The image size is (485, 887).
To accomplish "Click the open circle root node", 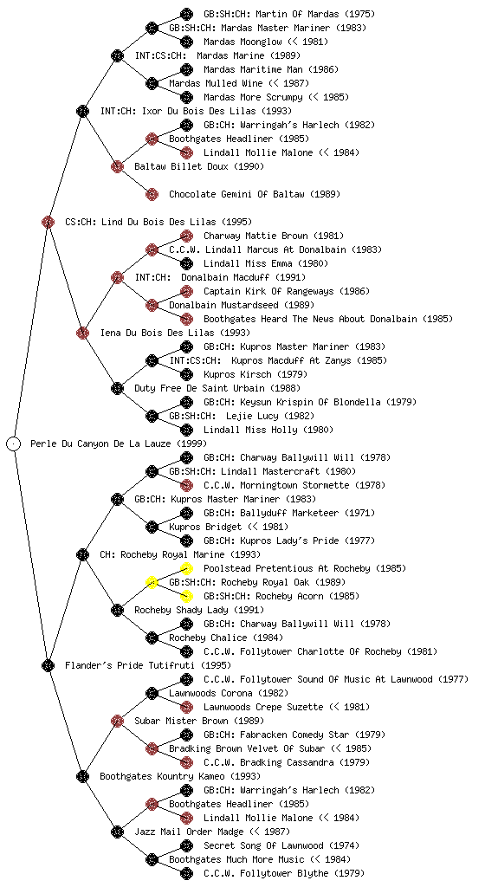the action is [x=14, y=443].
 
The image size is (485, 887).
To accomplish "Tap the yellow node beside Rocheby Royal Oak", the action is [x=152, y=582].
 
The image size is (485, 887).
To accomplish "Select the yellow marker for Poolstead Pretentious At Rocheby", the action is [x=186, y=568].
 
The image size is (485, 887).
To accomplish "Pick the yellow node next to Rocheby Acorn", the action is [x=186, y=596].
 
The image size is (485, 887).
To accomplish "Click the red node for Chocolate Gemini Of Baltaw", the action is [x=152, y=194].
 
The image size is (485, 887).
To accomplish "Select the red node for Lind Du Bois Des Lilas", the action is [x=48, y=222].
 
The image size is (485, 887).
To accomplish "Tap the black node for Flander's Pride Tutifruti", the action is [x=48, y=665].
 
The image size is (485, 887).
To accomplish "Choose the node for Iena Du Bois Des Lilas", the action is [x=82, y=333].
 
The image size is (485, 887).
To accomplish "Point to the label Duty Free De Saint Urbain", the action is [x=199, y=388].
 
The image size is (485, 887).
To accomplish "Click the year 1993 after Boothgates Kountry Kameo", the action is [x=245, y=776].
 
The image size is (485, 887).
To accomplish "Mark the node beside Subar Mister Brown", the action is [x=117, y=721].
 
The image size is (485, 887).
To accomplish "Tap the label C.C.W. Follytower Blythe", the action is [x=266, y=873].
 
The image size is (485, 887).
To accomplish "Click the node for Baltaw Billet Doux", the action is [x=117, y=166].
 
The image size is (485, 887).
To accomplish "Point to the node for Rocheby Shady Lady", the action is [x=117, y=610].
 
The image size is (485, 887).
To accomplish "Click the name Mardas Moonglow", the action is [x=242, y=42].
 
